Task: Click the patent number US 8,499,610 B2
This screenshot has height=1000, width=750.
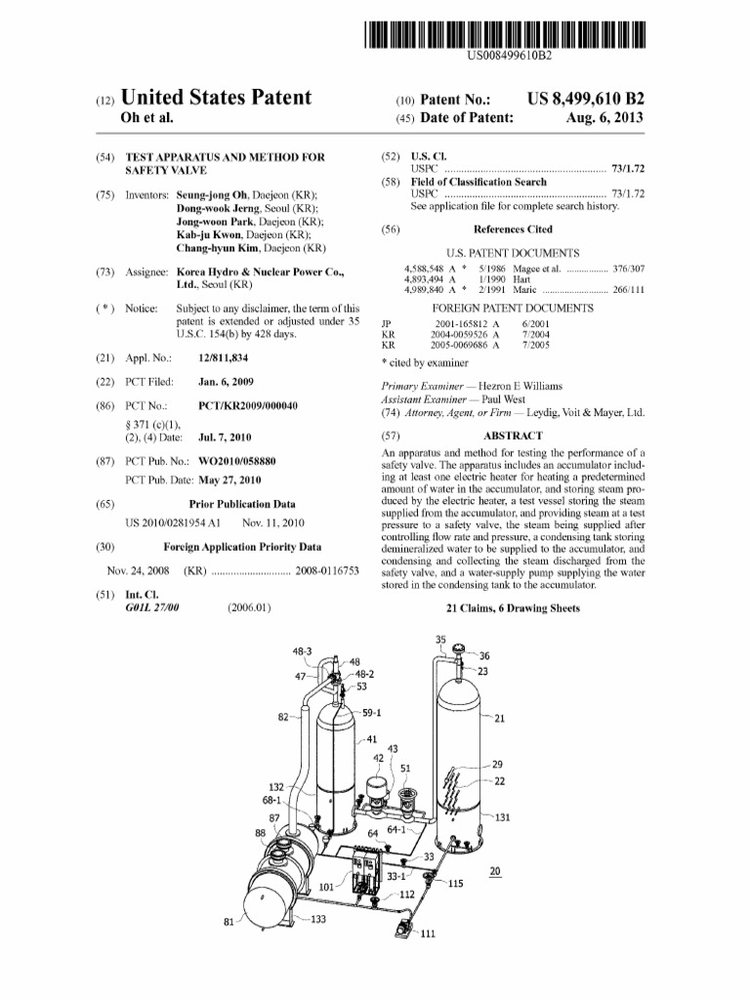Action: (x=585, y=100)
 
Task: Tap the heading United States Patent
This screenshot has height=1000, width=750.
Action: (x=216, y=98)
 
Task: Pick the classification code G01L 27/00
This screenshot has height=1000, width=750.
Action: (x=152, y=607)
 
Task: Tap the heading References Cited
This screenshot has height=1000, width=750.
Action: (x=513, y=229)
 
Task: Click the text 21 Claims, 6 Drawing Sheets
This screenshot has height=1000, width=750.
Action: (x=513, y=607)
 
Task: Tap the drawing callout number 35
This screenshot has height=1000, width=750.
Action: (x=440, y=641)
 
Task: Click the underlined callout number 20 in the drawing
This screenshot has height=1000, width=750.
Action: (x=495, y=871)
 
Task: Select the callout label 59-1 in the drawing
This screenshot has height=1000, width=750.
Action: (x=371, y=713)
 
